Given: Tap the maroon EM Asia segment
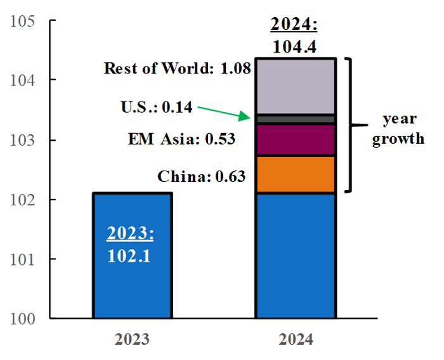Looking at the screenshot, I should tap(295, 140).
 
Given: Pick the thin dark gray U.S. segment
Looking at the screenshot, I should tap(295, 119).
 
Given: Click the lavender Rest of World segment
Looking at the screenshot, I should tap(295, 86).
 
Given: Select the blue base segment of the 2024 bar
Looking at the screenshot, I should tap(295, 254).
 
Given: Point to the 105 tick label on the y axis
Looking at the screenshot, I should tap(23, 21).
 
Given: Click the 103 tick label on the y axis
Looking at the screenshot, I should tap(23, 140).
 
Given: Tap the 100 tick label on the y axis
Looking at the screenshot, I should tap(23, 318).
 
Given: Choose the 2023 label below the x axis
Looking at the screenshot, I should tap(132, 340).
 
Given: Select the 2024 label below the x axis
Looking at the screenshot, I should tap(295, 340).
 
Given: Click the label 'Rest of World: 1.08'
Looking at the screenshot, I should tap(178, 68).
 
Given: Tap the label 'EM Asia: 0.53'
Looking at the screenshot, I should tap(181, 139).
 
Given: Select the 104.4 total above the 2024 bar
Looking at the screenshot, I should tap(294, 46).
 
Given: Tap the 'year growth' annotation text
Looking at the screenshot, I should tap(398, 129).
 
